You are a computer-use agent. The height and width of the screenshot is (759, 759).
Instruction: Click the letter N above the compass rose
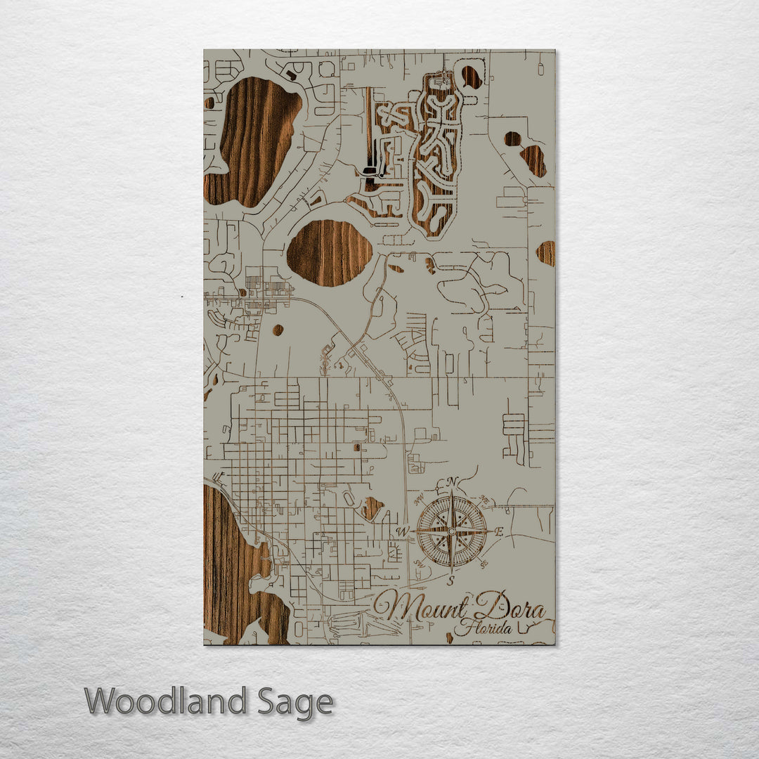[453, 481]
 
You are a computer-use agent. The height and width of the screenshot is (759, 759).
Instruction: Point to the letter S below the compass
[452, 580]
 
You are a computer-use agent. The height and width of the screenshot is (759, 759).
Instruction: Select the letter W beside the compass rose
[403, 531]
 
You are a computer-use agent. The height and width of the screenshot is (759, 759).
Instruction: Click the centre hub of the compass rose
[452, 531]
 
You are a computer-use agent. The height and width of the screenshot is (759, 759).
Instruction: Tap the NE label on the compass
[484, 500]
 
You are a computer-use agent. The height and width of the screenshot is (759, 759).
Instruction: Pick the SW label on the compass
[420, 562]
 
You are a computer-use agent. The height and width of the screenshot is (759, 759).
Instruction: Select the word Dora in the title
[510, 605]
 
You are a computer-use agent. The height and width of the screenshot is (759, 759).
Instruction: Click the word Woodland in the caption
[166, 701]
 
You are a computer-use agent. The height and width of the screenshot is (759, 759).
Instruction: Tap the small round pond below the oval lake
[278, 330]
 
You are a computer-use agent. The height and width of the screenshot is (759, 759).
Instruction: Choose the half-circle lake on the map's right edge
[547, 253]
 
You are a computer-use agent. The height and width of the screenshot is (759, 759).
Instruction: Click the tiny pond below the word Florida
[449, 638]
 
